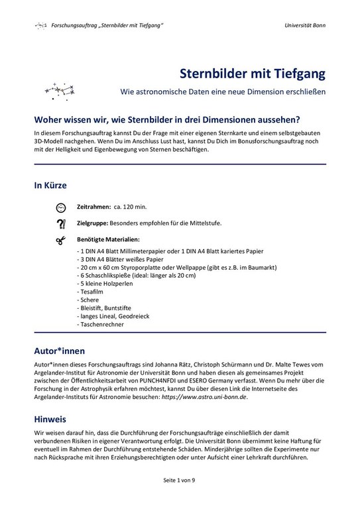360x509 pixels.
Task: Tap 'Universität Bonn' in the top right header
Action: coord(304,25)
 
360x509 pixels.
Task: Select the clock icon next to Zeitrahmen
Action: coord(61,207)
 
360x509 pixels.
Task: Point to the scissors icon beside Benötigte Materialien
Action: coord(61,239)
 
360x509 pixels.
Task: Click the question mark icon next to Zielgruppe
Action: coord(61,223)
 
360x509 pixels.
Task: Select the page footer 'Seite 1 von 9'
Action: coord(180,480)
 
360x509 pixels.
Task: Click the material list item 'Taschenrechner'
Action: coord(101,325)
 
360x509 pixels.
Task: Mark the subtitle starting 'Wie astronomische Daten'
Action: coord(223,91)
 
